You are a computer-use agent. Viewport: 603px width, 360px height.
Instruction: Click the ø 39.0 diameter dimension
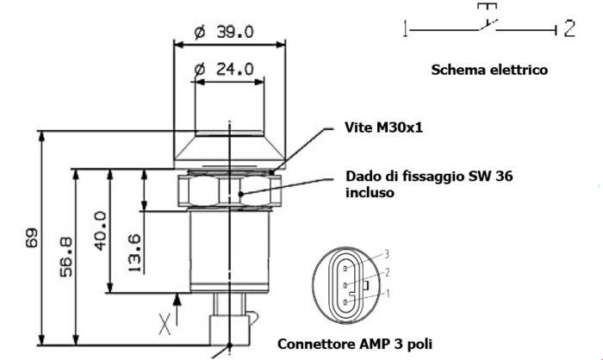(x=224, y=32)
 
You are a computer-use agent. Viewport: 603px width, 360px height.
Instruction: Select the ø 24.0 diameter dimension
(x=224, y=70)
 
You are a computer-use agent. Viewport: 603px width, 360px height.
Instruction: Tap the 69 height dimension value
(x=33, y=238)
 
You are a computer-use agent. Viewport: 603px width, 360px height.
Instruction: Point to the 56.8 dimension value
(x=66, y=257)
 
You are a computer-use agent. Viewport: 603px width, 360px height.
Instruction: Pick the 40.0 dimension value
(x=101, y=231)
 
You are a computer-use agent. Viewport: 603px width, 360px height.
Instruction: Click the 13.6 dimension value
(x=134, y=253)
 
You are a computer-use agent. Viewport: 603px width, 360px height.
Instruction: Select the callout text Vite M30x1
(x=384, y=127)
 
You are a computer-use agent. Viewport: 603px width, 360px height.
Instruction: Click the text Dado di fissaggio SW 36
(x=429, y=177)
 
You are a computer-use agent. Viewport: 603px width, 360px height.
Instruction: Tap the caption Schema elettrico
(x=489, y=70)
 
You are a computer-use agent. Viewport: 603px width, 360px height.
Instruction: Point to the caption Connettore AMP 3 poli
(x=355, y=344)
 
